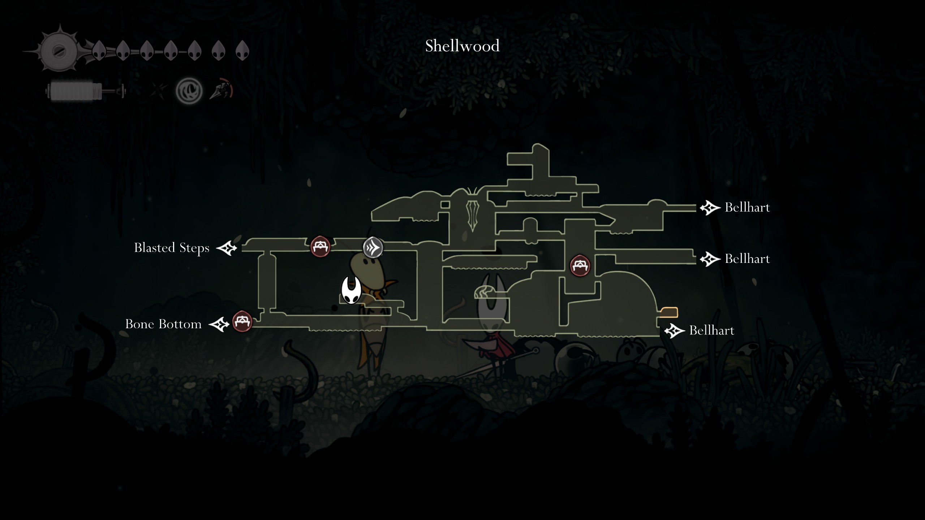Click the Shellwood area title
click(x=462, y=46)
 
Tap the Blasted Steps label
click(x=172, y=248)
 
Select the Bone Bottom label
click(x=163, y=324)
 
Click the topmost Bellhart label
click(x=747, y=208)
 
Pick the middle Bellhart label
click(x=747, y=259)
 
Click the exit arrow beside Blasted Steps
click(x=227, y=248)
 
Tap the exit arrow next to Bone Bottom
click(x=219, y=324)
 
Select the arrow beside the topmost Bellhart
click(x=710, y=208)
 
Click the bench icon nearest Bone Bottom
click(x=242, y=321)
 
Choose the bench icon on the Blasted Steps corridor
click(x=320, y=247)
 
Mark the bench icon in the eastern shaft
click(x=580, y=266)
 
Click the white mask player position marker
click(x=351, y=290)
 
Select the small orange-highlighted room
click(x=669, y=312)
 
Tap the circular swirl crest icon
click(x=189, y=91)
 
